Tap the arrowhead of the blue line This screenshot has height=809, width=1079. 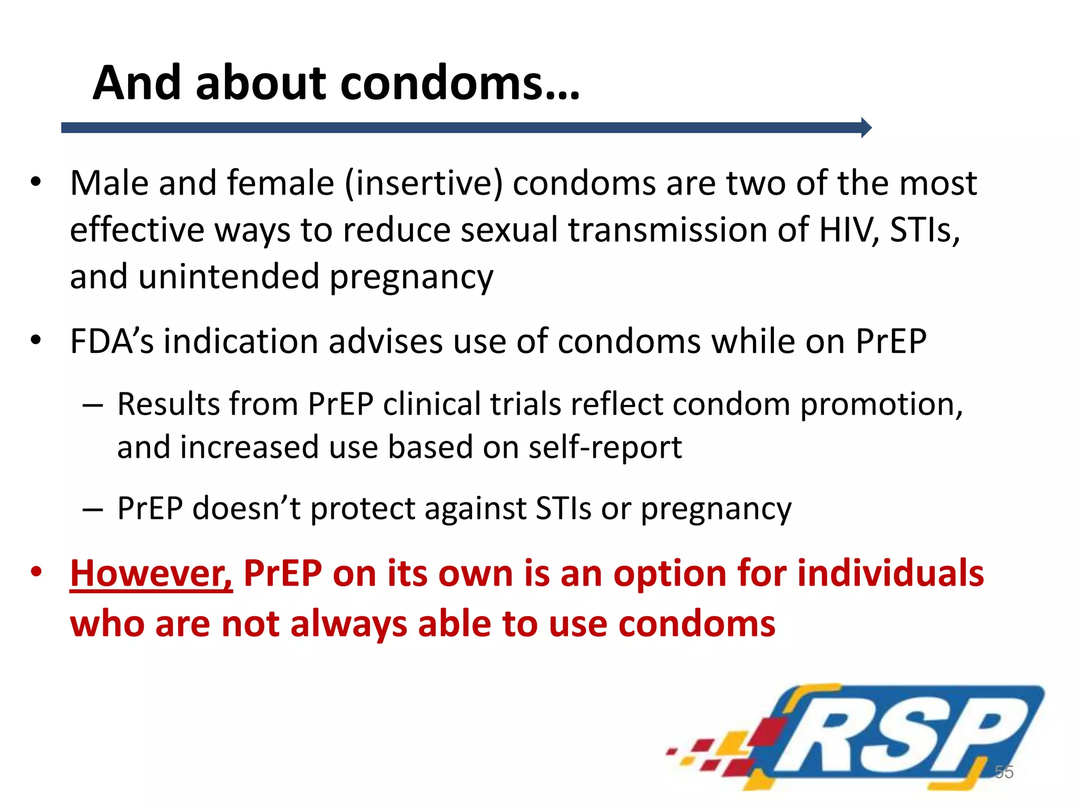pyautogui.click(x=866, y=127)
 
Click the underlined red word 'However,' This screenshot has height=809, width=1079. pyautogui.click(x=151, y=573)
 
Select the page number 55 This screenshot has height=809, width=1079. pyautogui.click(x=1004, y=772)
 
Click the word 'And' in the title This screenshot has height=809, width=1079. pyautogui.click(x=137, y=83)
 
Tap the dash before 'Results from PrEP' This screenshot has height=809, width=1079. pyautogui.click(x=93, y=406)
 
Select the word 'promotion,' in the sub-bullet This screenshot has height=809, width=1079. pyautogui.click(x=881, y=404)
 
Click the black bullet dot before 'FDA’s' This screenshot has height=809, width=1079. pyautogui.click(x=36, y=340)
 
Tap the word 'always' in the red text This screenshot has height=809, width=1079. pyautogui.click(x=348, y=624)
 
